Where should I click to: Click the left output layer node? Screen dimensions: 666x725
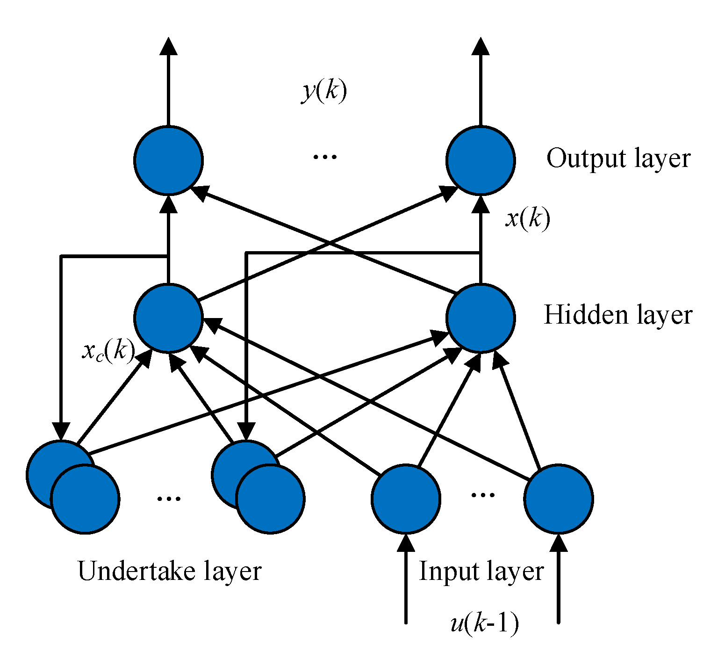[168, 160]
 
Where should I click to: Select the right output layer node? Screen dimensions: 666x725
[480, 160]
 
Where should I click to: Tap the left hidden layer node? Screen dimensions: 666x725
[168, 318]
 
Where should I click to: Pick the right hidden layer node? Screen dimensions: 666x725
[480, 318]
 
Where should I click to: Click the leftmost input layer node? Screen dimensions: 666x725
[406, 499]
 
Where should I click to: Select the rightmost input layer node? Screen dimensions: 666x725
[558, 499]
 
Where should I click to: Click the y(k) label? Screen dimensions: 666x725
[324, 90]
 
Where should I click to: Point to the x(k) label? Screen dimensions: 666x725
[527, 218]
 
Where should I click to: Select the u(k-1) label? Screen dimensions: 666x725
[484, 623]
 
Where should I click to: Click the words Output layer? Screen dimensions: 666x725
[618, 159]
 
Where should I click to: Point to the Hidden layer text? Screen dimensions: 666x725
[617, 315]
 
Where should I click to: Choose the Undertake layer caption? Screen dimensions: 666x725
[169, 571]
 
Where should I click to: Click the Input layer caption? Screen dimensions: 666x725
[481, 571]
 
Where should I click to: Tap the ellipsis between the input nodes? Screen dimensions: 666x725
[482, 495]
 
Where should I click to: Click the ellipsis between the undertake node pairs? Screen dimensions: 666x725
[168, 499]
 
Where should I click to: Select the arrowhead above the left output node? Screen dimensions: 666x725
[168, 47]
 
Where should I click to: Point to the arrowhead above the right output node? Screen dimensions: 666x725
[480, 47]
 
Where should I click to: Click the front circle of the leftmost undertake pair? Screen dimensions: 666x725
[85, 499]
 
